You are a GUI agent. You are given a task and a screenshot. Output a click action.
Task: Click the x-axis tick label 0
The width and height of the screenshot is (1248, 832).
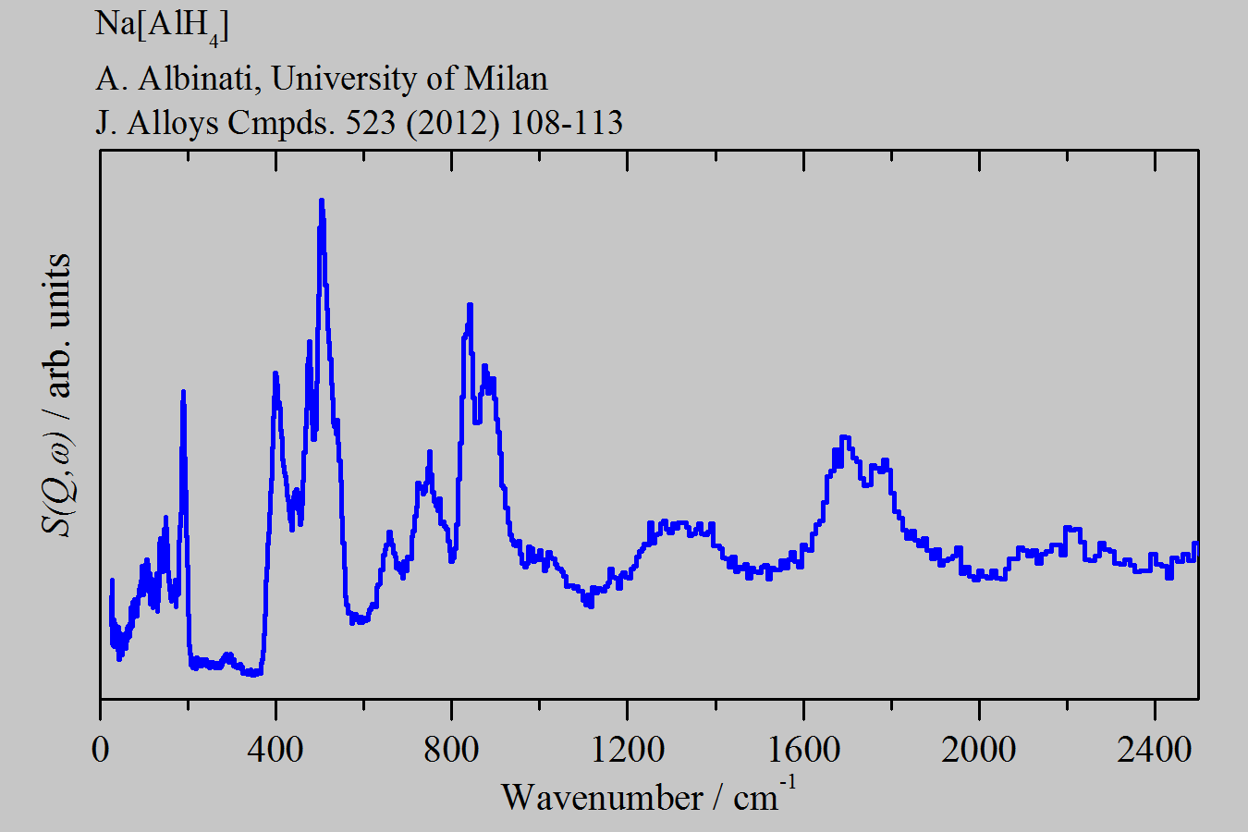(100, 748)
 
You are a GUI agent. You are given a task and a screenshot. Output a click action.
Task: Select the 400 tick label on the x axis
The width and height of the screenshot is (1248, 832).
(275, 748)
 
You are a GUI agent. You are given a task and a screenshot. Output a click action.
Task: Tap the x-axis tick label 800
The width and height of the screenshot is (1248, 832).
(451, 748)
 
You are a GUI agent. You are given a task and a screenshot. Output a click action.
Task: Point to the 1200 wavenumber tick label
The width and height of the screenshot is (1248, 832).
(627, 748)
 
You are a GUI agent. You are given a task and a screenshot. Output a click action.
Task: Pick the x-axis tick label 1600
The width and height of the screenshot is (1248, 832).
(802, 748)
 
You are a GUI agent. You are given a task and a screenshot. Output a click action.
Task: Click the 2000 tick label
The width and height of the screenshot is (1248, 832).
(978, 748)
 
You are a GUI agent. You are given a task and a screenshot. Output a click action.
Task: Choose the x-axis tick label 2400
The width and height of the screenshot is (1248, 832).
(1154, 748)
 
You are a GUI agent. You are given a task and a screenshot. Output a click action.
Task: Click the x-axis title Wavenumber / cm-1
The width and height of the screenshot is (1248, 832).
(647, 796)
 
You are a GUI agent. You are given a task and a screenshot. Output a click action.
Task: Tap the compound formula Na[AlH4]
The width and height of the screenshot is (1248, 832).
(162, 25)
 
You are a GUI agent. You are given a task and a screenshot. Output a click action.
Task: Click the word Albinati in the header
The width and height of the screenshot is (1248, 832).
(195, 79)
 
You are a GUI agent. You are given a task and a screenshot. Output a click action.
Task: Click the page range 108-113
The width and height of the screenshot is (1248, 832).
(566, 122)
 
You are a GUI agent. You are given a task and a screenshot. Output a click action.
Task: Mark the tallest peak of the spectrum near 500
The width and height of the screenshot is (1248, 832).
(321, 200)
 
